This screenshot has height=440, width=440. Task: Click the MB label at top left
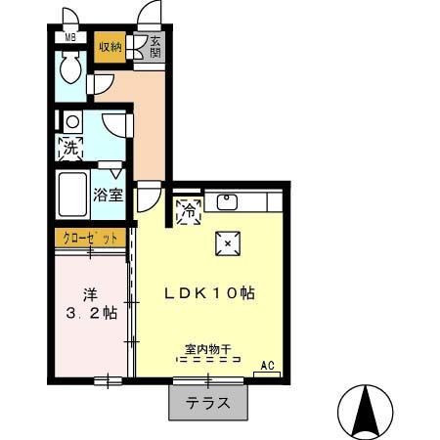69,38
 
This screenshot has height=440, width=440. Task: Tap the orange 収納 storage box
110,47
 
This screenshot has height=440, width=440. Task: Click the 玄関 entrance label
155,46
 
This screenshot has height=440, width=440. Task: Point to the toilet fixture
70,70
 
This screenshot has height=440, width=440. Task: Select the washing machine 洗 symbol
70,150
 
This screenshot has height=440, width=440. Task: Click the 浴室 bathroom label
108,194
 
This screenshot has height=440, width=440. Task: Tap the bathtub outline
72,196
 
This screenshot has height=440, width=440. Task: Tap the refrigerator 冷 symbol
188,209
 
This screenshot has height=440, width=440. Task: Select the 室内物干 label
205,348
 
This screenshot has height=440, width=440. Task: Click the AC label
267,366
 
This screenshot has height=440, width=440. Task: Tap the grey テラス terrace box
207,400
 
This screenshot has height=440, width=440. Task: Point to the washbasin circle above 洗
70,122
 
